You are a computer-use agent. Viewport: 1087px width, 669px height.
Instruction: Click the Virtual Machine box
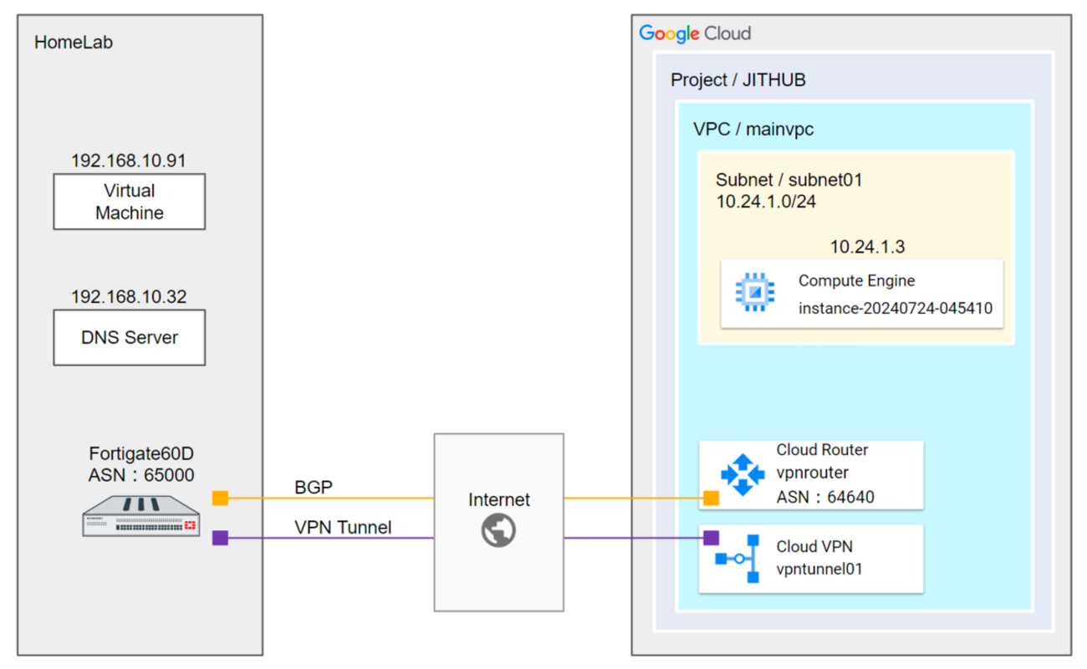point(129,202)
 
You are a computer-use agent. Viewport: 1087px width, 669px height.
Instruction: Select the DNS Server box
point(129,337)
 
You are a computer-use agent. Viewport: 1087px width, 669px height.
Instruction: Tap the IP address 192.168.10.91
point(129,161)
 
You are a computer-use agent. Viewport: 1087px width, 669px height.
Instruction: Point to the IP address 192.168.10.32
point(129,297)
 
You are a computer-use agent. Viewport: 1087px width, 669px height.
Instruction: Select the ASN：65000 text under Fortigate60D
point(141,475)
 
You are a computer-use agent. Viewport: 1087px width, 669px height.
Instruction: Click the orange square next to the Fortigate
point(220,498)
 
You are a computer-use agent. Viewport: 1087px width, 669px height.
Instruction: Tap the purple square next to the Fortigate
point(220,538)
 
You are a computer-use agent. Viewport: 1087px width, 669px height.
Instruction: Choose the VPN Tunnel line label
point(343,528)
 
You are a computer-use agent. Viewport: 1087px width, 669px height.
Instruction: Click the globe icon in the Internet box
point(498,530)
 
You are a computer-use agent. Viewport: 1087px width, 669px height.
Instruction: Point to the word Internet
point(498,500)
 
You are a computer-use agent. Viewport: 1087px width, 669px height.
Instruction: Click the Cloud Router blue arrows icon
point(743,475)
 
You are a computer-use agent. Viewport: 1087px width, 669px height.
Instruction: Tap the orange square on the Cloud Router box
point(711,498)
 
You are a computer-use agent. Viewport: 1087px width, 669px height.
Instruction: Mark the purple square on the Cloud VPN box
point(711,538)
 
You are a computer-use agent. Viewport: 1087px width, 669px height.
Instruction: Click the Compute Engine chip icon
point(754,293)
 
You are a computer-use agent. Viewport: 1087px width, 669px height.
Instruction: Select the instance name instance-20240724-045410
point(895,308)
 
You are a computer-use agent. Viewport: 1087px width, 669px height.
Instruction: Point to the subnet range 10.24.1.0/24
point(765,202)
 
